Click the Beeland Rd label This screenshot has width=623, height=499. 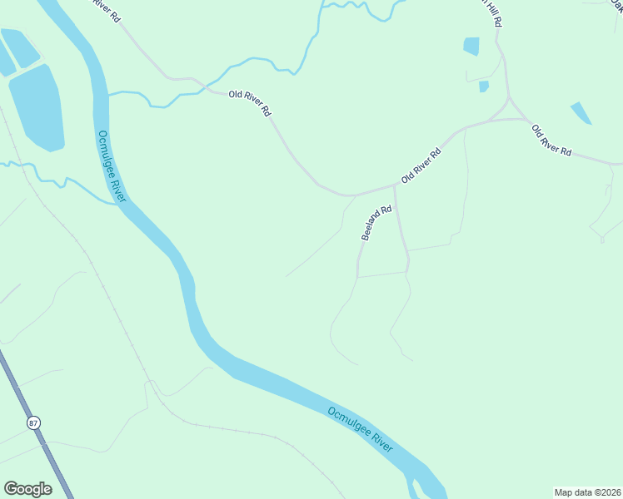coord(376,224)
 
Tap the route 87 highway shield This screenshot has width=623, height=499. coord(33,422)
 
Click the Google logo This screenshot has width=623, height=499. coord(27,489)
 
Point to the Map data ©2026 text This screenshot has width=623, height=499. coord(588,492)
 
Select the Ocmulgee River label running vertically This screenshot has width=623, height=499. coord(111,166)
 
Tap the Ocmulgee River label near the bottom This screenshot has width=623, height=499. coord(360,428)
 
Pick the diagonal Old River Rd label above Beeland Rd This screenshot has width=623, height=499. coord(421,165)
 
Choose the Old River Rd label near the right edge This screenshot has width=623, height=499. coord(551,140)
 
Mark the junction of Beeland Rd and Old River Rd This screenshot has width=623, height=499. coord(394,186)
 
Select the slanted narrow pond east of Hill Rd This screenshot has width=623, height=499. coord(581,113)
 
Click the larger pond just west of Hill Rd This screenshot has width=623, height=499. coord(471,46)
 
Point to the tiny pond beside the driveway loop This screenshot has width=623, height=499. coord(484,86)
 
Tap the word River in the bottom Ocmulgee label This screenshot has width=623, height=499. coord(380,439)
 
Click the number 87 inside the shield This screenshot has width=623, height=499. coord(33,422)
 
